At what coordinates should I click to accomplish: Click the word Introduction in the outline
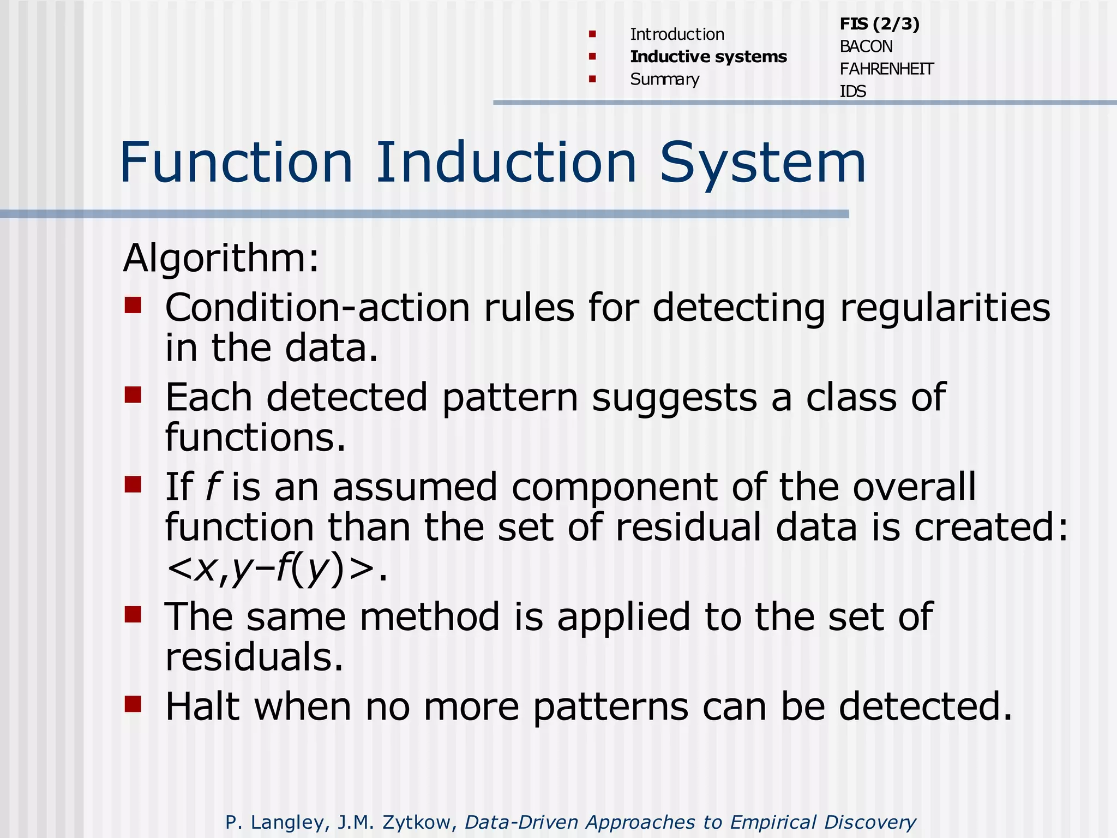click(x=677, y=34)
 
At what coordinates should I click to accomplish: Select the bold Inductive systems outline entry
click(x=708, y=57)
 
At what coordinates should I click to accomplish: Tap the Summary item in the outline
click(x=664, y=79)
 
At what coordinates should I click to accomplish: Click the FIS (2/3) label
click(x=879, y=24)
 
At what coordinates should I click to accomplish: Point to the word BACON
click(x=866, y=46)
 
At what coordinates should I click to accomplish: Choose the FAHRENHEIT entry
click(x=886, y=69)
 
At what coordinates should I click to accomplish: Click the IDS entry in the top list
click(x=852, y=91)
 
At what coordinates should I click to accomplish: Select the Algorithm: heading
click(x=221, y=258)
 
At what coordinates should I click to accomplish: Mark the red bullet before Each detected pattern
click(x=133, y=394)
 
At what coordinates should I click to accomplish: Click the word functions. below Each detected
click(x=255, y=438)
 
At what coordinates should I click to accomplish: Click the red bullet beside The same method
click(x=133, y=614)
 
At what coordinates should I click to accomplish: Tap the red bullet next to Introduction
click(x=592, y=34)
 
